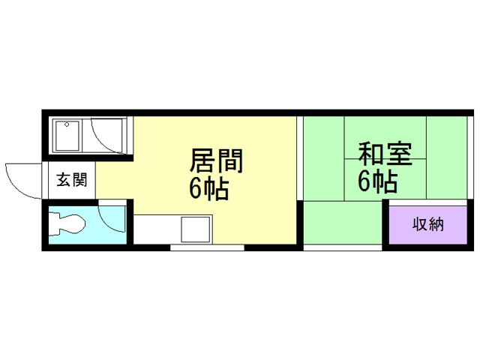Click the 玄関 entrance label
pyautogui.click(x=72, y=180)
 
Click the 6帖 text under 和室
pyautogui.click(x=376, y=181)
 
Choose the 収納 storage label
pyautogui.click(x=427, y=224)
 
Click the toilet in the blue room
pyautogui.click(x=70, y=223)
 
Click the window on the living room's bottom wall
pyautogui.click(x=207, y=246)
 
